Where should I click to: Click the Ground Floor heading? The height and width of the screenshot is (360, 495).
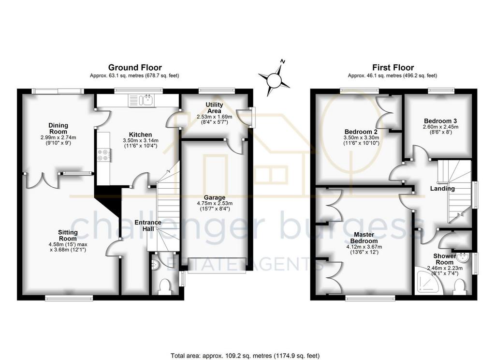click(x=135, y=67)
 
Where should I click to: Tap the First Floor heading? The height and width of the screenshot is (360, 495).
click(x=393, y=67)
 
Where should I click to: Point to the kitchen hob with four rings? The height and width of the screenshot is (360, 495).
click(x=103, y=155)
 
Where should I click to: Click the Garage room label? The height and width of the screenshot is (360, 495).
click(x=215, y=197)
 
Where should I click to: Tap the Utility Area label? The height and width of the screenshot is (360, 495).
click(x=214, y=107)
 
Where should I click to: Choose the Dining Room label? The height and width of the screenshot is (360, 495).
click(x=58, y=128)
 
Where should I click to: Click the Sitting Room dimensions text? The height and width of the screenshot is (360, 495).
click(x=68, y=247)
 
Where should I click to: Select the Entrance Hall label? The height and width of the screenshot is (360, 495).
click(x=148, y=225)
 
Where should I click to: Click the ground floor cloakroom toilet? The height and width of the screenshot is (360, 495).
click(x=165, y=286)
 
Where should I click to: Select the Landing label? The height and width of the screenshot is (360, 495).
click(x=442, y=189)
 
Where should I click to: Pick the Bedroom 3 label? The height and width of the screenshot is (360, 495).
click(x=440, y=121)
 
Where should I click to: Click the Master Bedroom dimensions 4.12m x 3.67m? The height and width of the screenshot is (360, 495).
click(x=364, y=247)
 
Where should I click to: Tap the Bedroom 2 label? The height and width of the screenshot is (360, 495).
click(x=361, y=132)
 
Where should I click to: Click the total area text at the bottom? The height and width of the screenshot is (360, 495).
click(x=245, y=356)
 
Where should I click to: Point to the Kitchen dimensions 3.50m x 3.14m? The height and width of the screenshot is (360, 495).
click(x=141, y=140)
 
